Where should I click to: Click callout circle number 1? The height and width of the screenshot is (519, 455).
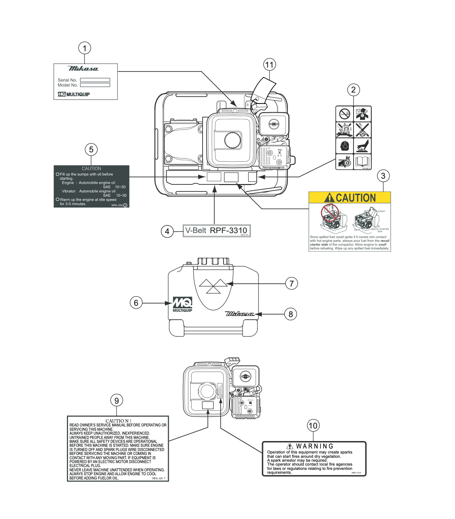pyautogui.click(x=84, y=48)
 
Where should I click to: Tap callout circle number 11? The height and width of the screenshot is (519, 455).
pyautogui.click(x=270, y=65)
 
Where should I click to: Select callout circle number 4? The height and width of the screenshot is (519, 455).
pyautogui.click(x=167, y=231)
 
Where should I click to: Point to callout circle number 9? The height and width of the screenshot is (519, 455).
pyautogui.click(x=117, y=400)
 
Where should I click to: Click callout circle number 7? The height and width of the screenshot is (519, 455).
pyautogui.click(x=292, y=284)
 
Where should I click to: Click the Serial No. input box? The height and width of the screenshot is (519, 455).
pyautogui.click(x=95, y=80)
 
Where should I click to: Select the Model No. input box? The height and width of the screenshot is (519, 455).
pyautogui.click(x=95, y=85)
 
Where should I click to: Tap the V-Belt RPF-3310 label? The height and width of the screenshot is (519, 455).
pyautogui.click(x=216, y=231)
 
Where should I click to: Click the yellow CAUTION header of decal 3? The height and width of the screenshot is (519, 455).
pyautogui.click(x=350, y=198)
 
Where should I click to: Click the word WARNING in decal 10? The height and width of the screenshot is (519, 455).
pyautogui.click(x=315, y=446)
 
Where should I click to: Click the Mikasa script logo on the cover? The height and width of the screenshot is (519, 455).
pyautogui.click(x=240, y=314)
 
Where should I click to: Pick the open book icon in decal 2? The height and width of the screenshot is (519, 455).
pyautogui.click(x=362, y=162)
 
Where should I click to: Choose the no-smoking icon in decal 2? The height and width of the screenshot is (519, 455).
pyautogui.click(x=344, y=114)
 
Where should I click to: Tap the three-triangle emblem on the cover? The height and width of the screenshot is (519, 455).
pyautogui.click(x=213, y=286)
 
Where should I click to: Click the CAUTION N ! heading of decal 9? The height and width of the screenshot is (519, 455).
pyautogui.click(x=118, y=421)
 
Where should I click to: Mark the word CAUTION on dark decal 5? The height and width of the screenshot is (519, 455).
pyautogui.click(x=91, y=168)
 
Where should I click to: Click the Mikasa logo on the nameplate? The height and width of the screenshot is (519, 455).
pyautogui.click(x=83, y=68)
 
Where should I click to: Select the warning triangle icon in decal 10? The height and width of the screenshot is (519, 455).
pyautogui.click(x=290, y=446)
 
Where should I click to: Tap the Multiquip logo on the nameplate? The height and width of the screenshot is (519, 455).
pyautogui.click(x=74, y=94)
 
